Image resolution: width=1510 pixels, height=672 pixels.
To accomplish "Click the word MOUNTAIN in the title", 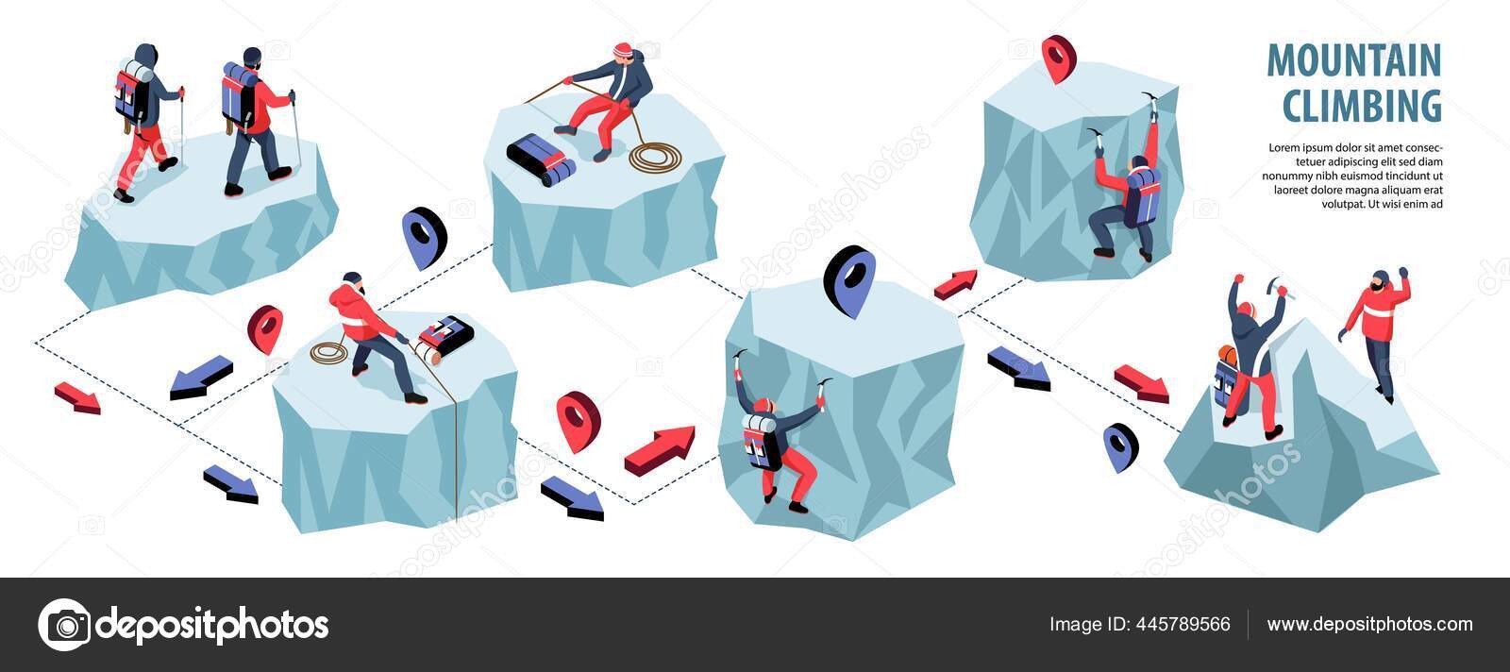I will (1353, 60).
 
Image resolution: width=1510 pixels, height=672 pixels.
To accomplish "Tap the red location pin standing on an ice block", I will (1058, 58).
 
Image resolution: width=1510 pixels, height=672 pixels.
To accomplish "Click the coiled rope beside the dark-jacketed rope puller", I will (654, 157).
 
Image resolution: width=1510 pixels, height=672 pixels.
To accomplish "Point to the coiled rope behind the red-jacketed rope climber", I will (329, 353).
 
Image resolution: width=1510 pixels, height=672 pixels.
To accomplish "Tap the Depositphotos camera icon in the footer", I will (64, 625).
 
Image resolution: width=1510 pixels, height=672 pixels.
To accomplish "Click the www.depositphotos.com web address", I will (1369, 624).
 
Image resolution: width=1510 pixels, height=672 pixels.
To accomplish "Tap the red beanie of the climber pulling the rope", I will (622, 49).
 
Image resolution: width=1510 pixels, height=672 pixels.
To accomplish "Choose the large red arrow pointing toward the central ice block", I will (660, 447).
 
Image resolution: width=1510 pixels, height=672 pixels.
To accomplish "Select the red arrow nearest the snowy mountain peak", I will (1141, 382).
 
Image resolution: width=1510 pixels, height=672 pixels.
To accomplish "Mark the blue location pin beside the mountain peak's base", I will (1120, 445).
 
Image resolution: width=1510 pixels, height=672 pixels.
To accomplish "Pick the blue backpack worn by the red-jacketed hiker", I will (240, 96).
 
